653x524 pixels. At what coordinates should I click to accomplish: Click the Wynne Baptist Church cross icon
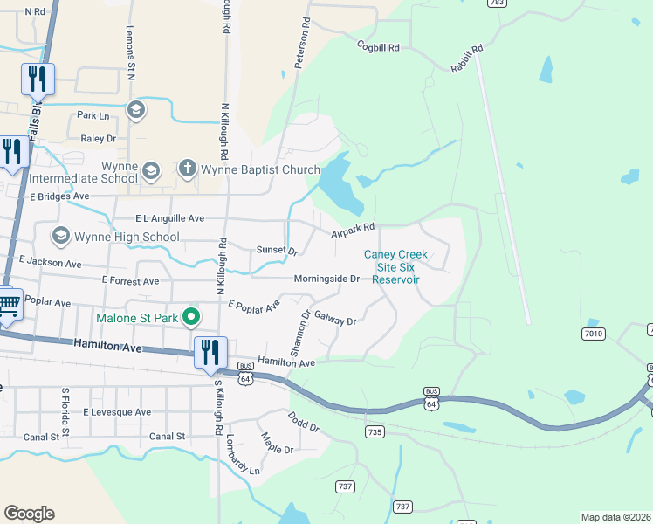click(187, 168)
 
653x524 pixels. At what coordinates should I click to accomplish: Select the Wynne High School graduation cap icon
click(61, 236)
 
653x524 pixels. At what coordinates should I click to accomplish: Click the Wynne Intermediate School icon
click(150, 169)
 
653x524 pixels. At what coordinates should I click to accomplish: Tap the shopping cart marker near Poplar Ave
click(9, 306)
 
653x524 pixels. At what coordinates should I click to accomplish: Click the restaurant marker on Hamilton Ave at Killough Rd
click(210, 353)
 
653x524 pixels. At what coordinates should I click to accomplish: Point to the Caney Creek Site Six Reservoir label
click(395, 267)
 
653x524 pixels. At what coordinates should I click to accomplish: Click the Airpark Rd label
click(353, 230)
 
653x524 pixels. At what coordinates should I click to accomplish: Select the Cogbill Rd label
click(377, 46)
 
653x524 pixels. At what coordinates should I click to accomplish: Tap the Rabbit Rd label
click(466, 59)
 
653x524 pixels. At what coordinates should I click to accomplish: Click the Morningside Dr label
click(326, 279)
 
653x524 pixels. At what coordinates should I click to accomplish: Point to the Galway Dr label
click(335, 320)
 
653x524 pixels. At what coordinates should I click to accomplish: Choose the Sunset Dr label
click(277, 250)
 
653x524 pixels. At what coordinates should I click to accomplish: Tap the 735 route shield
click(375, 431)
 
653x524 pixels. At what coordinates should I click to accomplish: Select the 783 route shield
click(498, 3)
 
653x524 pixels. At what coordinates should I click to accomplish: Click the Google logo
click(29, 513)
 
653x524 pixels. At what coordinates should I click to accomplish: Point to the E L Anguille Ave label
click(169, 218)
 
